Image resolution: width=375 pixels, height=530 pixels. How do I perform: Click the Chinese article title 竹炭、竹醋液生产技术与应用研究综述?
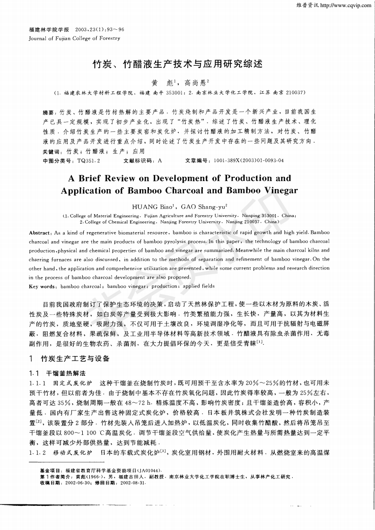coord(177,63)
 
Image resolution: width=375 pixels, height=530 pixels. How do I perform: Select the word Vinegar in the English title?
coord(277,191)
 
